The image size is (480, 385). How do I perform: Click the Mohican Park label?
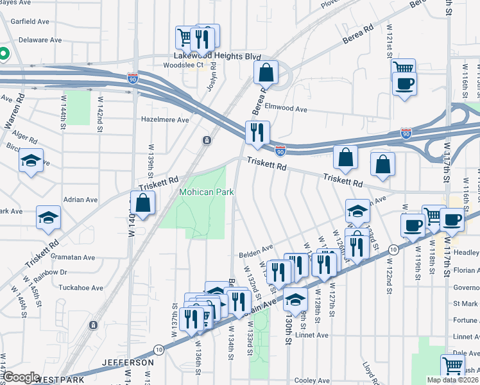click(x=206, y=192)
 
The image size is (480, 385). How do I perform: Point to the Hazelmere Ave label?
click(x=165, y=119)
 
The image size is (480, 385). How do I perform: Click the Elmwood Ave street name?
click(x=286, y=109)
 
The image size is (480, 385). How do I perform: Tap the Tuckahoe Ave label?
click(x=80, y=288)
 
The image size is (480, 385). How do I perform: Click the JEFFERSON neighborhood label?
click(x=127, y=363)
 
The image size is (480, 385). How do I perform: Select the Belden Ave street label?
click(x=256, y=247)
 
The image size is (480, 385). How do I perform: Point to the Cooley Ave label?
click(x=312, y=381)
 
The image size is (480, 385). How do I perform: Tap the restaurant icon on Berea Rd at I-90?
click(x=257, y=132)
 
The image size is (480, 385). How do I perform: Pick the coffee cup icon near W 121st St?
click(x=404, y=84)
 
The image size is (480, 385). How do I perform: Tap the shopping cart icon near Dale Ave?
click(x=453, y=366)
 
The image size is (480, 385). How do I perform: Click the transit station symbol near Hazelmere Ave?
click(x=207, y=140)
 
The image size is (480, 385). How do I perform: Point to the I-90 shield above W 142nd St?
click(x=133, y=78)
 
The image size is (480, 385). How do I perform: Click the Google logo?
click(x=21, y=377)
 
